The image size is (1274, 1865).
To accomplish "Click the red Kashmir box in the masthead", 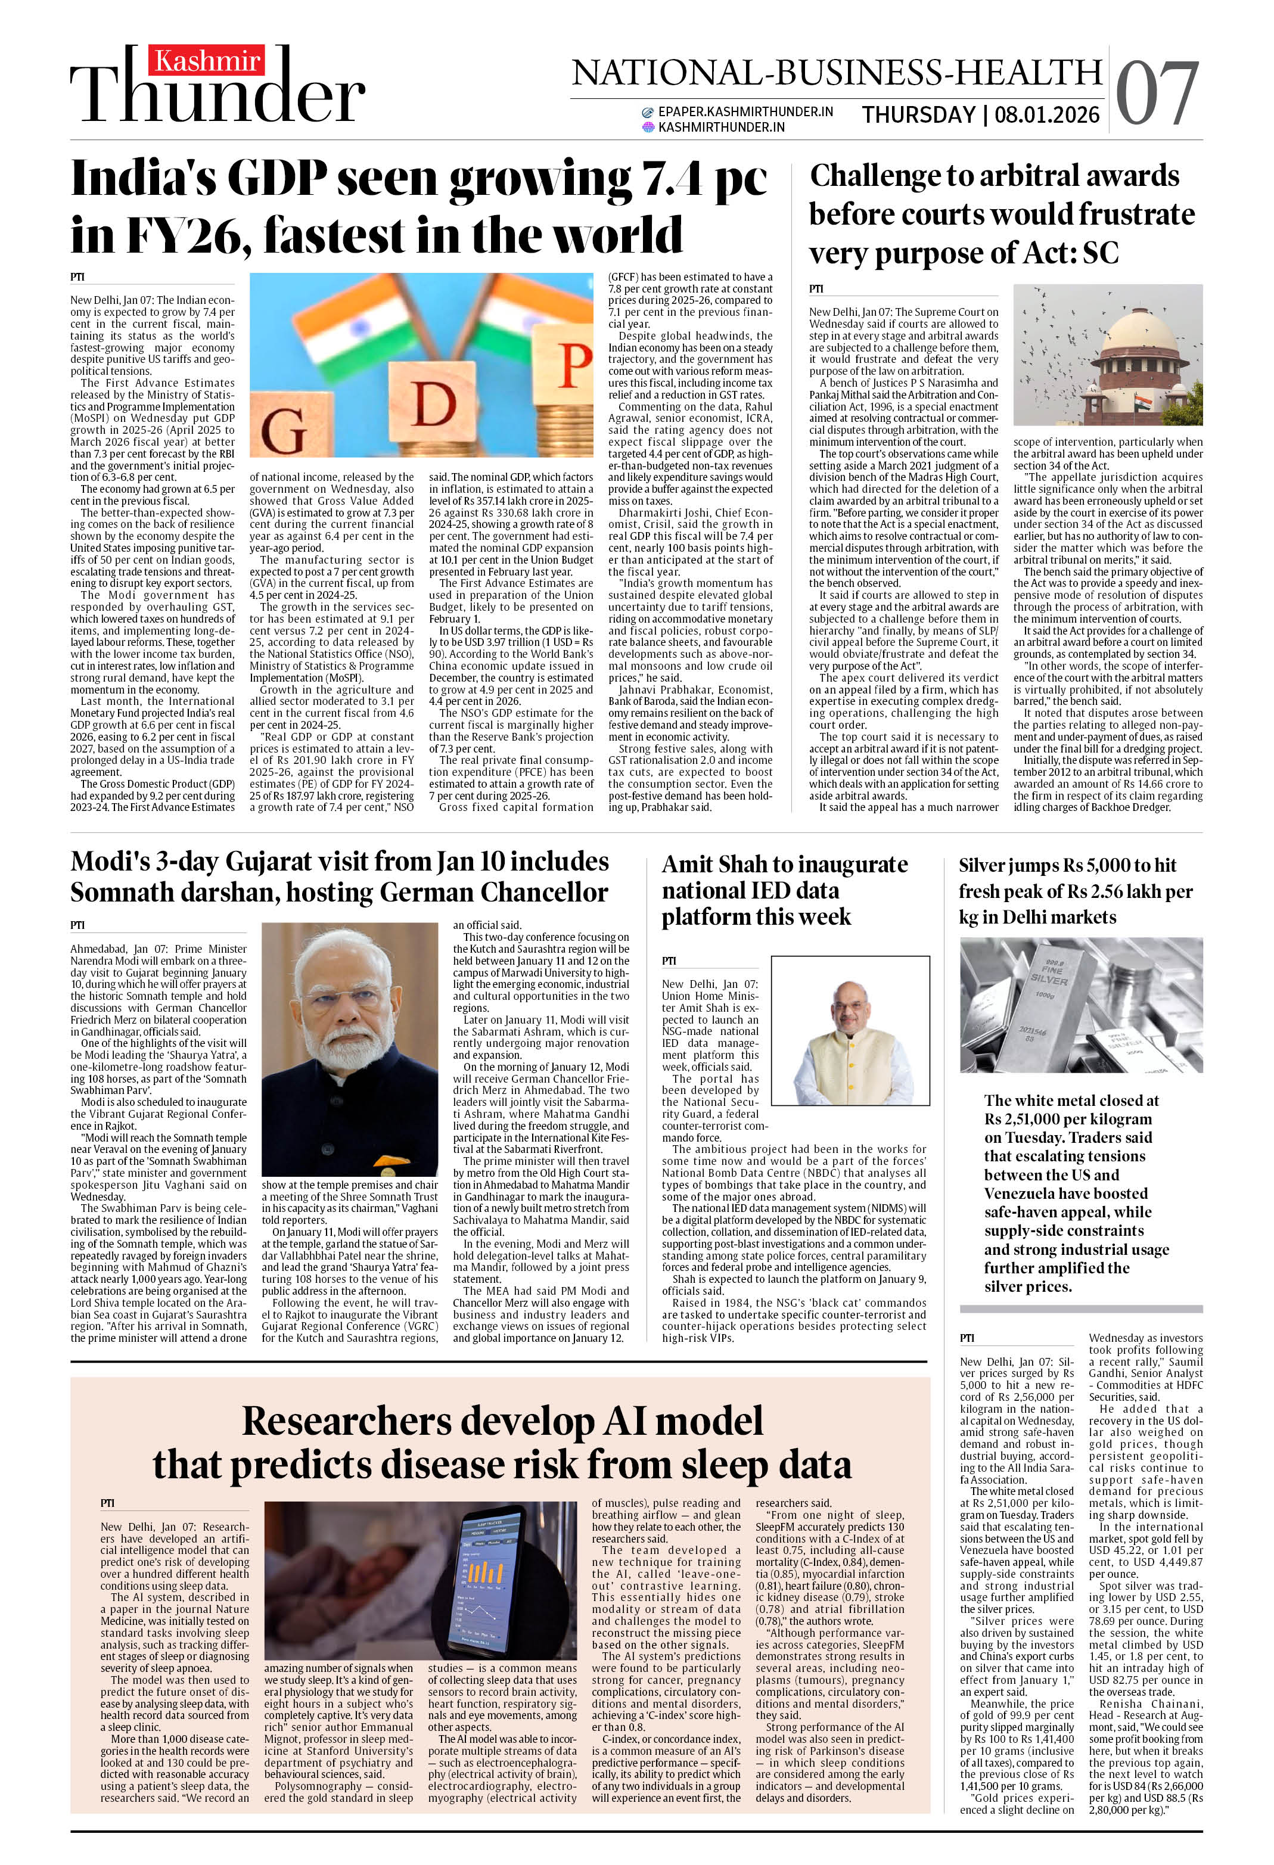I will click(x=208, y=61).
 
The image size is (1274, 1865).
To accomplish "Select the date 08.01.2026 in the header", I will click(x=1047, y=115).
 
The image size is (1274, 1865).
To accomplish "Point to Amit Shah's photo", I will click(x=844, y=1031).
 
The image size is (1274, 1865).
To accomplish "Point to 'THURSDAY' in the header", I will click(x=918, y=115).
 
